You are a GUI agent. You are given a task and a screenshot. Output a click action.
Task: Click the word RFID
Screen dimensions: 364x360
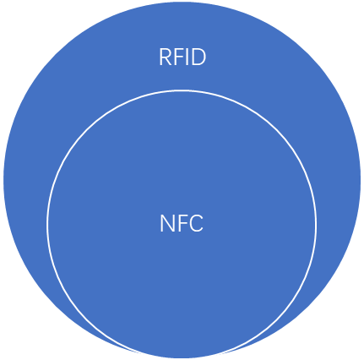click(182, 57)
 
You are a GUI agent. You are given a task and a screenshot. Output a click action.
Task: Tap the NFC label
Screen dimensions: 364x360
click(182, 223)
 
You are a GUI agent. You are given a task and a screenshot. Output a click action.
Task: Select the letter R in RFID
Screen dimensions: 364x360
click(166, 57)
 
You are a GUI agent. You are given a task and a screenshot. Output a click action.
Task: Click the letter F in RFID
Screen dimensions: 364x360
click(178, 57)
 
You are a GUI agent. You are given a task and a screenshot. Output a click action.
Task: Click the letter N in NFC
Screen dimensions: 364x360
click(166, 223)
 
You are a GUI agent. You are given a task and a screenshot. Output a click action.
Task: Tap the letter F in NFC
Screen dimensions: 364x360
click(181, 223)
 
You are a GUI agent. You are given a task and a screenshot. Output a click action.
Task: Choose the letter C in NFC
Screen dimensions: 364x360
click(195, 223)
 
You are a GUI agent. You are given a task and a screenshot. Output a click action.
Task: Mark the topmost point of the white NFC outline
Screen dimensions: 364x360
click(182, 90)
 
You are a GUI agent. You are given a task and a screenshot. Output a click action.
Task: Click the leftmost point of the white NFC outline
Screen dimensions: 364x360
click(47, 224)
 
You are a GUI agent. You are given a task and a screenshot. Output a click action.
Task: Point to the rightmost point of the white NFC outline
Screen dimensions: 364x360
click(316, 224)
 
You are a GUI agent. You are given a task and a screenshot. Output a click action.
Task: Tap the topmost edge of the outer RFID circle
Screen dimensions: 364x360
click(182, 3)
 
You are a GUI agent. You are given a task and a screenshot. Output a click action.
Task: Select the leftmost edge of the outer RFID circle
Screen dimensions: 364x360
click(4, 180)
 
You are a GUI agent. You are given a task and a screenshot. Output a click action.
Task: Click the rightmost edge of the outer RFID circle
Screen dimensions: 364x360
click(360, 180)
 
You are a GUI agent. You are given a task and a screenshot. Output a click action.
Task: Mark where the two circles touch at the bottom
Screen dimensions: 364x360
click(182, 358)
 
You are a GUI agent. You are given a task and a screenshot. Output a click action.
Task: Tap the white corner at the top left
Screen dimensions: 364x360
click(17, 17)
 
